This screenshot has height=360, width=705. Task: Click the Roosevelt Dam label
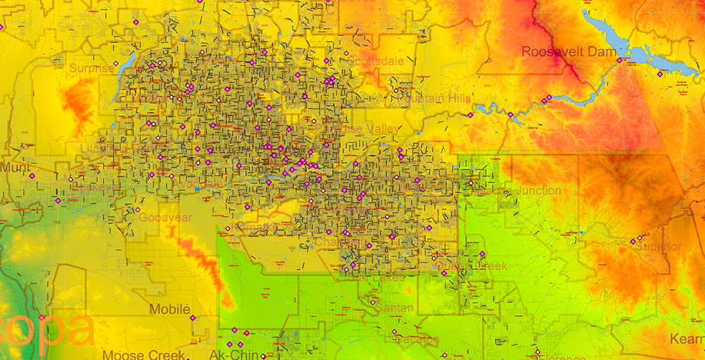tap(559, 51)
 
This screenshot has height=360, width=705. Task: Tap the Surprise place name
tap(91, 68)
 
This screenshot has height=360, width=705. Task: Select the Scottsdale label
tap(376, 61)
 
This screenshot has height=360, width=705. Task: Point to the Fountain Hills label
tap(433, 98)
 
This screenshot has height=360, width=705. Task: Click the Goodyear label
tap(165, 218)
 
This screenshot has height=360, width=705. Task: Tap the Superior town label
tap(658, 247)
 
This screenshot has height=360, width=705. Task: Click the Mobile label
tap(170, 309)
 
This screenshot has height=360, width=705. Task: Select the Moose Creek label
tap(144, 355)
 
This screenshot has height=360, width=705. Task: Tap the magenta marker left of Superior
tap(633, 242)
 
